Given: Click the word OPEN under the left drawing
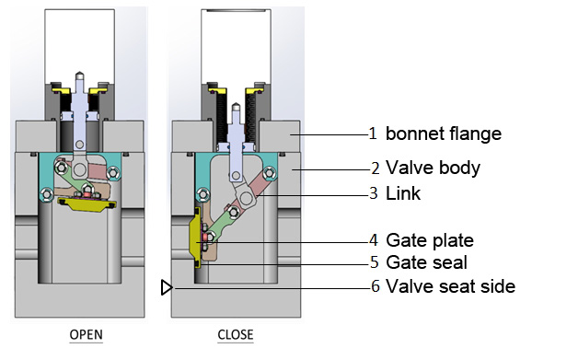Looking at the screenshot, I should (86, 335).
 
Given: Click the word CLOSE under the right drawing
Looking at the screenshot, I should (236, 335).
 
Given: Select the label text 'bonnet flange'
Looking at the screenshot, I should (443, 134).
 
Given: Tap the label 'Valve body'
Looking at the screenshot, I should (432, 168).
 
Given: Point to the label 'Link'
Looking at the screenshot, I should (401, 193).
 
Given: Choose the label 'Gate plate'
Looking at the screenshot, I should (430, 240).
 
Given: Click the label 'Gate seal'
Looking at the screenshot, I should (426, 262).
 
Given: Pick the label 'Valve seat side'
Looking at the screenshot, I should (450, 286).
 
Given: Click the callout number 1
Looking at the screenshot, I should (373, 134).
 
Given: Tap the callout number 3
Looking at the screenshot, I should (373, 193).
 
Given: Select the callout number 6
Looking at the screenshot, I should (373, 286).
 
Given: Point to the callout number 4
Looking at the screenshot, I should (373, 240).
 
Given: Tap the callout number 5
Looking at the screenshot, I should (373, 262).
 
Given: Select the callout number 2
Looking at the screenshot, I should (373, 168).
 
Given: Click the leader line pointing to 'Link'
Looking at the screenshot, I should (322, 193).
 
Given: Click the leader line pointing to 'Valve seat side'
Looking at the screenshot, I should (276, 287).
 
